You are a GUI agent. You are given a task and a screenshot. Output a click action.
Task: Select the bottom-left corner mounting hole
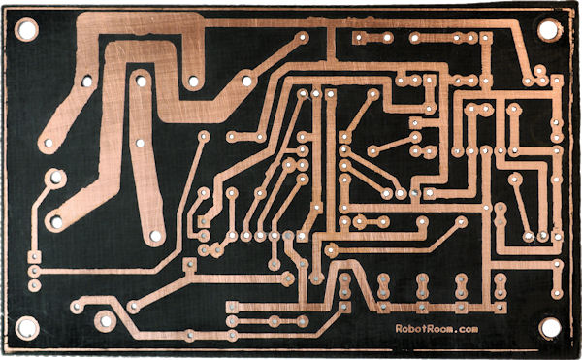click(x=27, y=328)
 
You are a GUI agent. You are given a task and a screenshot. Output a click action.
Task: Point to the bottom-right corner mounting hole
click(x=550, y=328)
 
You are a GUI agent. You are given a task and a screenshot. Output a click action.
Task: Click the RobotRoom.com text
click(x=436, y=330)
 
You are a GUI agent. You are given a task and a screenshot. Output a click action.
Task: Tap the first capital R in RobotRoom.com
click(x=399, y=330)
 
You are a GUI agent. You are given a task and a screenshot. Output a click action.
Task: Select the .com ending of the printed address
click(x=466, y=330)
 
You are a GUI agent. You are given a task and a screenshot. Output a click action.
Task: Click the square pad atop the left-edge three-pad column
click(x=34, y=258)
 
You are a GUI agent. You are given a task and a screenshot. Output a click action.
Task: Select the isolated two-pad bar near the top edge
click(x=369, y=38)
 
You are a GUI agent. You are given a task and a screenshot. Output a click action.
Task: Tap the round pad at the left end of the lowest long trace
click(x=231, y=320)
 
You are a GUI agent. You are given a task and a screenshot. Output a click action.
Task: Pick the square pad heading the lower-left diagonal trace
click(x=190, y=263)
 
